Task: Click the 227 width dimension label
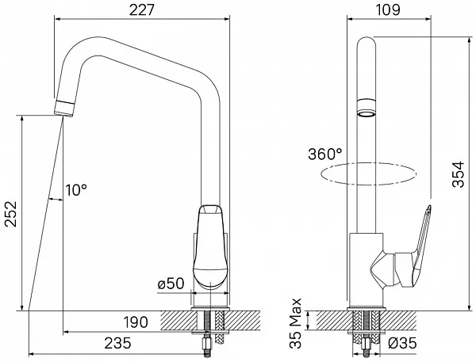(142, 10)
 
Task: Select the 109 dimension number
(388, 10)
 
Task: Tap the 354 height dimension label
(459, 174)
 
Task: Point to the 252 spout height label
(11, 214)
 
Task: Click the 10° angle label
(76, 190)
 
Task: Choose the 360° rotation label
(325, 154)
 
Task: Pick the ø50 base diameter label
(171, 284)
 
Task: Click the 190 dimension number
(136, 322)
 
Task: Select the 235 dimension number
(117, 343)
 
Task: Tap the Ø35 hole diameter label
(402, 343)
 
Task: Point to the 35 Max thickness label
(295, 323)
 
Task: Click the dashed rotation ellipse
(369, 173)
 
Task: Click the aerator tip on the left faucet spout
(64, 108)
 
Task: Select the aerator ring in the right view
(367, 108)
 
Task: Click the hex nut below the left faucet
(207, 345)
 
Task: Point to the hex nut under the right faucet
(367, 345)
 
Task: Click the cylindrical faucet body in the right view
(366, 270)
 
